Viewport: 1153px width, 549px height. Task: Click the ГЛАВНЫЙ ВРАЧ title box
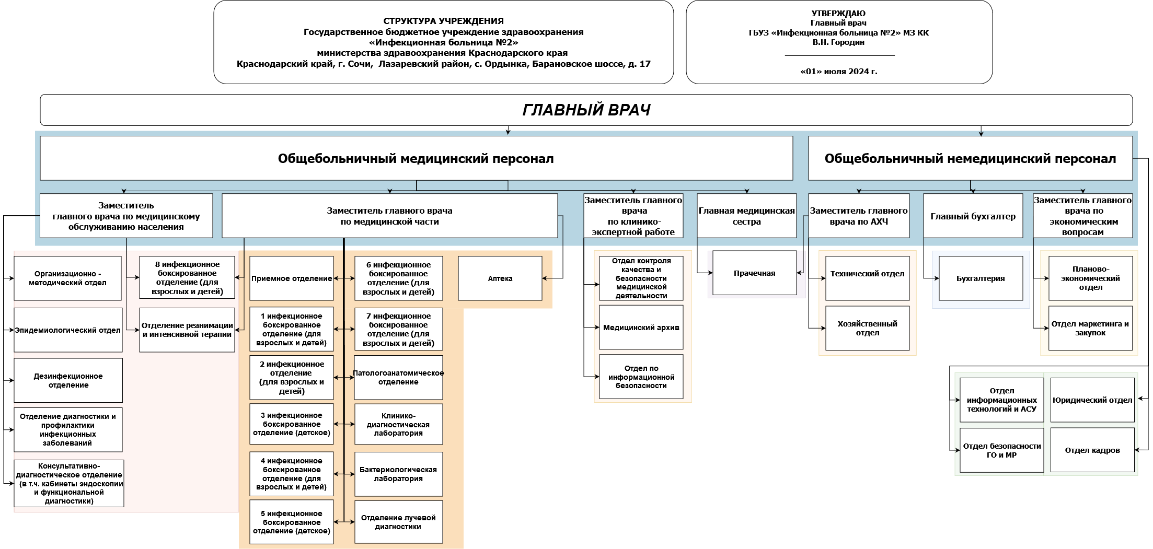click(586, 110)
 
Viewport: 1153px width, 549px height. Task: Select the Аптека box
click(500, 278)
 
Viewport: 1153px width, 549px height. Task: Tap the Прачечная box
click(754, 273)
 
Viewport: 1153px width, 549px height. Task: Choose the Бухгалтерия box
click(981, 278)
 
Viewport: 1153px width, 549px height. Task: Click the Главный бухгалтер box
click(973, 216)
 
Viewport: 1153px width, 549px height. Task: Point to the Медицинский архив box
click(641, 328)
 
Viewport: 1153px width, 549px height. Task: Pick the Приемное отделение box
click(291, 278)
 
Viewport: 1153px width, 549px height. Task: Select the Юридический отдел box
click(1092, 400)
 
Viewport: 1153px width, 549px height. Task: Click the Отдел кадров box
click(1092, 450)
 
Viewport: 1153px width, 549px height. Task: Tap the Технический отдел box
click(867, 274)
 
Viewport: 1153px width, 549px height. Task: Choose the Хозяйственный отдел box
click(867, 328)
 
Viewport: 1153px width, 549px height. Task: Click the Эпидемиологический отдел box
click(67, 330)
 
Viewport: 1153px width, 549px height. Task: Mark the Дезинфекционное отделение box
click(68, 380)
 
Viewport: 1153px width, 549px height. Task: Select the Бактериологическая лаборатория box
click(398, 474)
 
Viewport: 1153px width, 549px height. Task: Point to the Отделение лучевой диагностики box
click(398, 522)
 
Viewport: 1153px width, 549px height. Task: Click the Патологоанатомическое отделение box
click(398, 378)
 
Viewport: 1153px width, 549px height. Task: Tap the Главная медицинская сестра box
click(746, 216)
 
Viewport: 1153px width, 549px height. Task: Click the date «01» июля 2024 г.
click(838, 72)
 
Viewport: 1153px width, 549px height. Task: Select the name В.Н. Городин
click(838, 42)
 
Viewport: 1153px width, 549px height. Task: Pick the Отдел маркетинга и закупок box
click(1090, 328)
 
